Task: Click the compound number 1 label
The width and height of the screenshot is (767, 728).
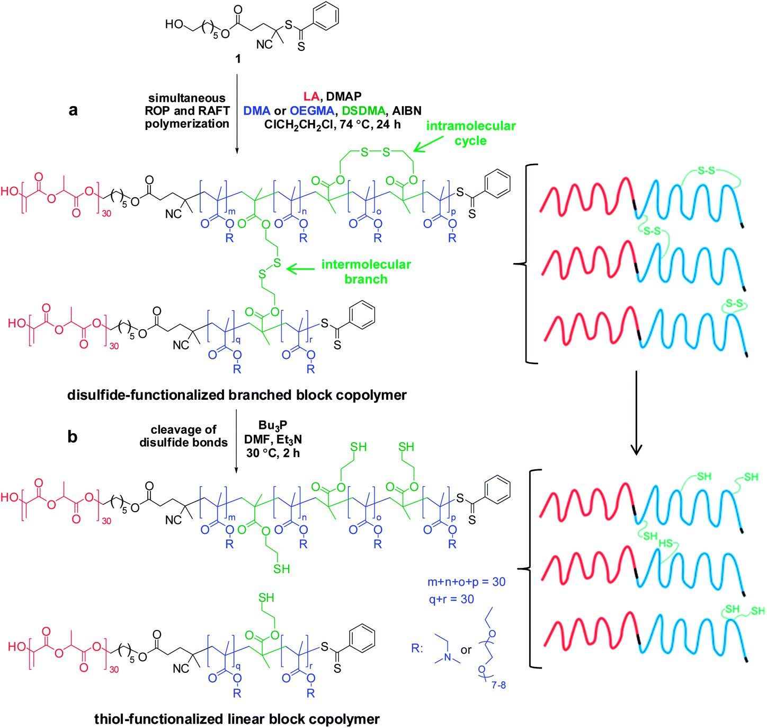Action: tap(238, 59)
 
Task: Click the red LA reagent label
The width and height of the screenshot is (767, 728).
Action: tap(311, 97)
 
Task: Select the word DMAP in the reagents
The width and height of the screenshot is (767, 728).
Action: tap(344, 97)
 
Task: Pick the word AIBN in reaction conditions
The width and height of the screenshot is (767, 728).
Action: tap(407, 111)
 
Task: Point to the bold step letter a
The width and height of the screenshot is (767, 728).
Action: tap(73, 110)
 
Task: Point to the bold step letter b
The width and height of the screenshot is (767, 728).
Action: tap(73, 437)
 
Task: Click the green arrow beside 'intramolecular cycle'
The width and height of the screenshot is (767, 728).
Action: tap(430, 144)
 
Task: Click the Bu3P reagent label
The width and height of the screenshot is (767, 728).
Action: tap(273, 425)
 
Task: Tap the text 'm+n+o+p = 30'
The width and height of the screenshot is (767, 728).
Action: tap(466, 582)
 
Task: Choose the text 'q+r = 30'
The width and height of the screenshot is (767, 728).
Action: tap(451, 599)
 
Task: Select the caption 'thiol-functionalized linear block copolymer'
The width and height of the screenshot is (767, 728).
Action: tap(237, 719)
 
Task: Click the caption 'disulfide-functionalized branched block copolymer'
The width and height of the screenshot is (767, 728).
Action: tap(237, 395)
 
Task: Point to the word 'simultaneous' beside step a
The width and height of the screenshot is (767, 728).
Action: tap(187, 98)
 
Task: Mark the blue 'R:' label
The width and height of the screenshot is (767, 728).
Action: tap(417, 648)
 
